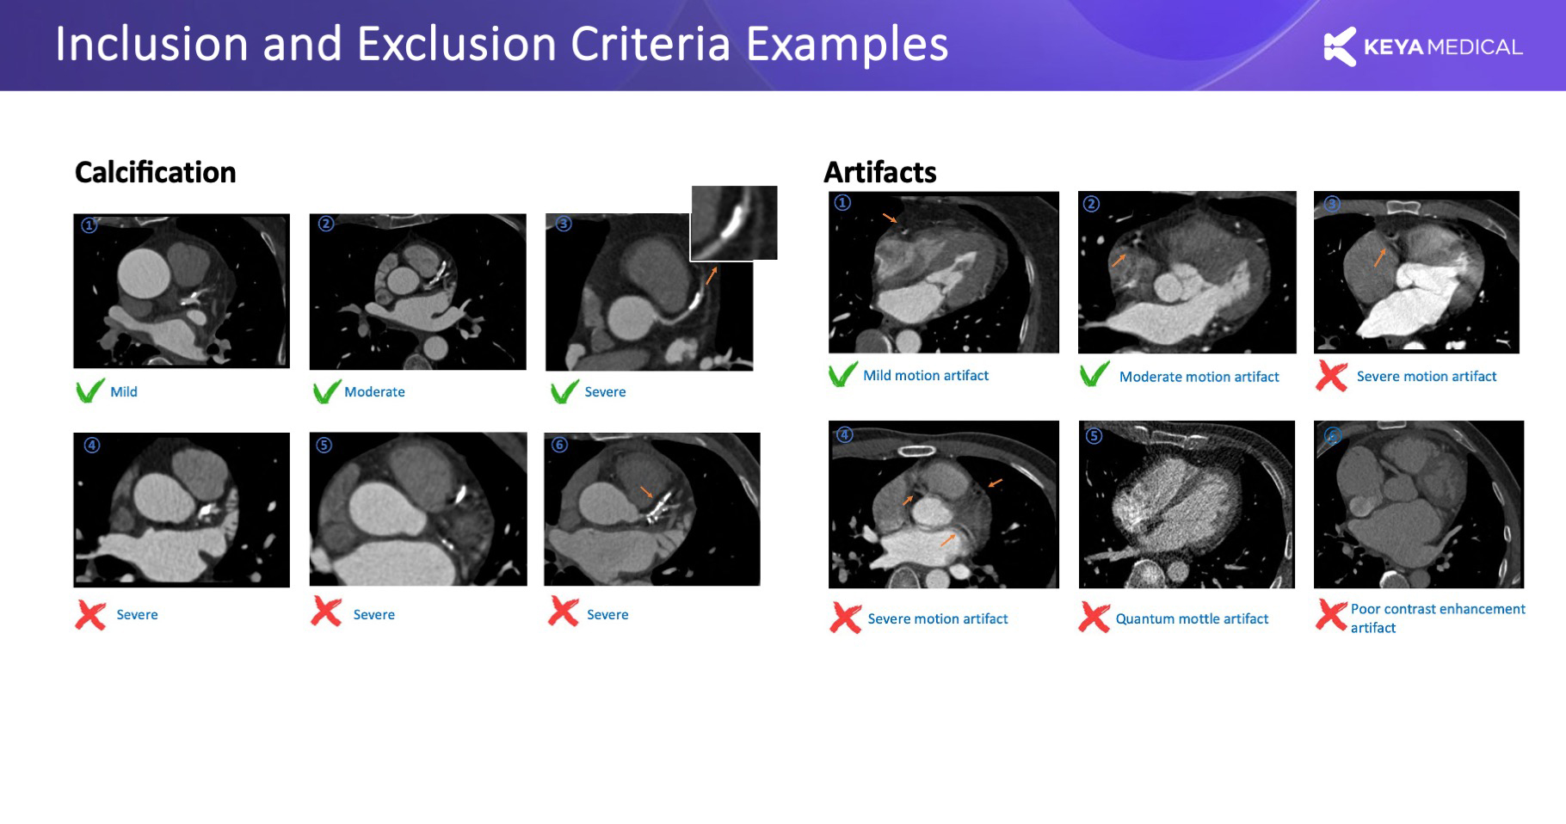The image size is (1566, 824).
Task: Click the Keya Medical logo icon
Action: pos(1340,46)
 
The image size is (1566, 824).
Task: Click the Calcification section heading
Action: pos(155,172)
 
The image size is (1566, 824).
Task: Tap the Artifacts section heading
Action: pos(879,172)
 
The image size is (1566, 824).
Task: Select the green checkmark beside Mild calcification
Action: pos(89,391)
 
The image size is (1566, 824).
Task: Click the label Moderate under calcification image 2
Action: pos(374,391)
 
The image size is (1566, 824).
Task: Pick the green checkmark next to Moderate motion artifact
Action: pos(1094,374)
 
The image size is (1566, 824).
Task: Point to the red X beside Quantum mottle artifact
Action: pos(1094,617)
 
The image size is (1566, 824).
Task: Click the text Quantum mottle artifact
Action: pos(1192,618)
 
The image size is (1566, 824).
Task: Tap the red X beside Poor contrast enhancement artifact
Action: pos(1331,615)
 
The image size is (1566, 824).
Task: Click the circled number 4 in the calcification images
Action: pos(91,445)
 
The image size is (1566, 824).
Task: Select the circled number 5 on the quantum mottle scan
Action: pos(1093,435)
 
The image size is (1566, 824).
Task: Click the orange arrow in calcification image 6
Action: pos(647,492)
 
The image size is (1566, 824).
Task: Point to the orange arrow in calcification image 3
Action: pos(712,275)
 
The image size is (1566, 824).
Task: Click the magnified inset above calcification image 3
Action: pos(734,223)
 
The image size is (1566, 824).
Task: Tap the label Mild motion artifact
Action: pos(926,375)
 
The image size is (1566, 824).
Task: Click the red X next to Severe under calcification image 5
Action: pos(326,612)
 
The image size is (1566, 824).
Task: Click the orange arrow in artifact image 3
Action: pos(1379,257)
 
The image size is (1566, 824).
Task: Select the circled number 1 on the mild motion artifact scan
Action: pos(842,203)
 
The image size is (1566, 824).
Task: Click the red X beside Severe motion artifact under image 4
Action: pos(846,618)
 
